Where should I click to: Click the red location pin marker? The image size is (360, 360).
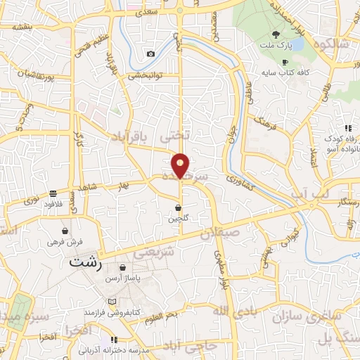click(181, 165)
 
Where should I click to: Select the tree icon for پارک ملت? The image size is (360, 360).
click(276, 34)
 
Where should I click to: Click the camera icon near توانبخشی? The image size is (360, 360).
click(150, 54)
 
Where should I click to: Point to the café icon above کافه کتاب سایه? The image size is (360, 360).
click(285, 62)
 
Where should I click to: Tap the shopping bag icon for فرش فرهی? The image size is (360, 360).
click(65, 230)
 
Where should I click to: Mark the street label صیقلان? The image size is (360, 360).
click(220, 233)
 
